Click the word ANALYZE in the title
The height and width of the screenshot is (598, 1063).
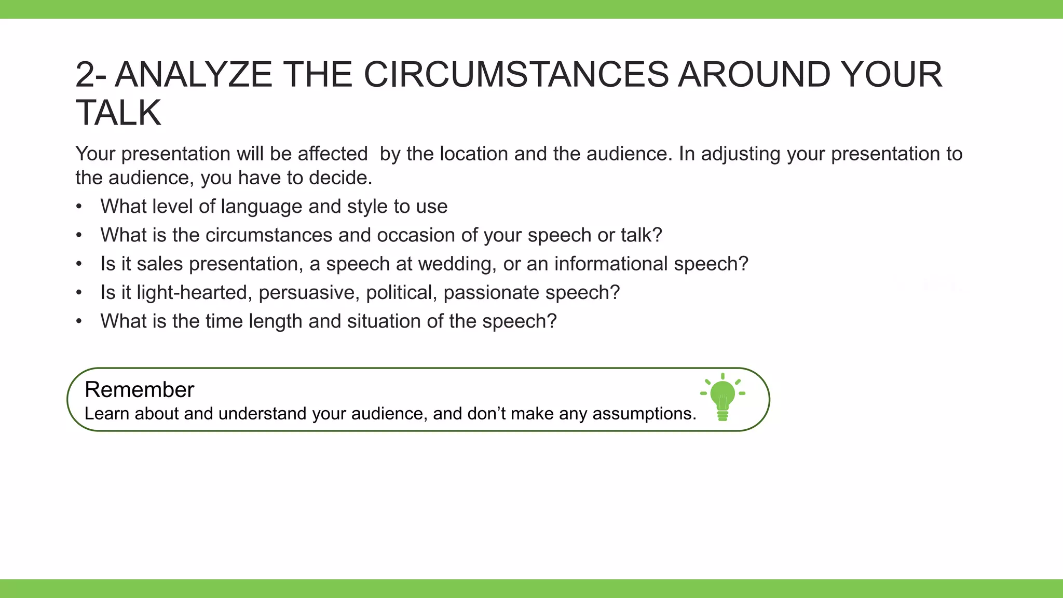(193, 75)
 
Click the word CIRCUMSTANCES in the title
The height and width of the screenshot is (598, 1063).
(516, 75)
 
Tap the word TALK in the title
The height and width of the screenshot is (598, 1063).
(118, 113)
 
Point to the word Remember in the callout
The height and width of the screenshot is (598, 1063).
(139, 390)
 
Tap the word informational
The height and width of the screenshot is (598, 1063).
(611, 264)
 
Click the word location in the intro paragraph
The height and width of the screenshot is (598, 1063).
(473, 154)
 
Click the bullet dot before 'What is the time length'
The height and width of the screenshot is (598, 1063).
(79, 322)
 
